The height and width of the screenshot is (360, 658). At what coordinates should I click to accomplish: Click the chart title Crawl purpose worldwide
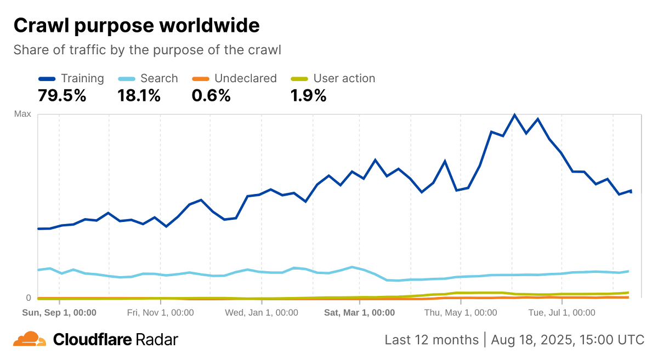tap(137, 26)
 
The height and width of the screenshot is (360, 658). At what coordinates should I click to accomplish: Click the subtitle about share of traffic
tap(147, 50)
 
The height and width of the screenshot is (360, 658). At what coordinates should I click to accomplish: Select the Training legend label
tap(82, 78)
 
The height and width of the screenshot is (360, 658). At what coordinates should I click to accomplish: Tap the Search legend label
tap(159, 78)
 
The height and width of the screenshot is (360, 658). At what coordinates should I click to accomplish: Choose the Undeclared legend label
tap(246, 78)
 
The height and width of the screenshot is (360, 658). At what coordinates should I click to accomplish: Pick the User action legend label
tap(344, 78)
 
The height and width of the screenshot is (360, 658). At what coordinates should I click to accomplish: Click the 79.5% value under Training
tap(62, 96)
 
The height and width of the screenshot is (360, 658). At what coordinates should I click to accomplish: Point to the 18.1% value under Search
tap(139, 96)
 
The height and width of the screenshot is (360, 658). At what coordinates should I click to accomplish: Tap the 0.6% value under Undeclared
tap(211, 96)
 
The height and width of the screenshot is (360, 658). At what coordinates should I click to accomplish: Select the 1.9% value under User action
tap(308, 96)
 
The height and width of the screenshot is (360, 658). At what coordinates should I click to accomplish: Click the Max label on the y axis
tap(22, 114)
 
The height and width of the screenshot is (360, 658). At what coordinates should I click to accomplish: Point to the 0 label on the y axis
tap(29, 298)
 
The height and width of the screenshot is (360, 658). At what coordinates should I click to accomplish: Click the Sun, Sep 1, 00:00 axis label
tap(59, 313)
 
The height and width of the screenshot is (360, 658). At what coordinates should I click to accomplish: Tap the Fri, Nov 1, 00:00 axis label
tap(160, 313)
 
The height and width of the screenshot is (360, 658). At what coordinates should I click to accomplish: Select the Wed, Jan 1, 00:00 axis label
tap(262, 313)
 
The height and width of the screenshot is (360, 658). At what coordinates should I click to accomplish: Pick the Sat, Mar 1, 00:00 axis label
tap(359, 313)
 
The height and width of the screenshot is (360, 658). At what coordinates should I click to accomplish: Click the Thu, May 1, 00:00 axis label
tap(461, 313)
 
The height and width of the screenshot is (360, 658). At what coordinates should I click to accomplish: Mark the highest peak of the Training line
tap(514, 115)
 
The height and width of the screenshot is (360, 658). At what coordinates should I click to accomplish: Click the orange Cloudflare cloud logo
tap(30, 339)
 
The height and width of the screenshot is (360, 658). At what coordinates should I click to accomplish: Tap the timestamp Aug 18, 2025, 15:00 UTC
tap(568, 340)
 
